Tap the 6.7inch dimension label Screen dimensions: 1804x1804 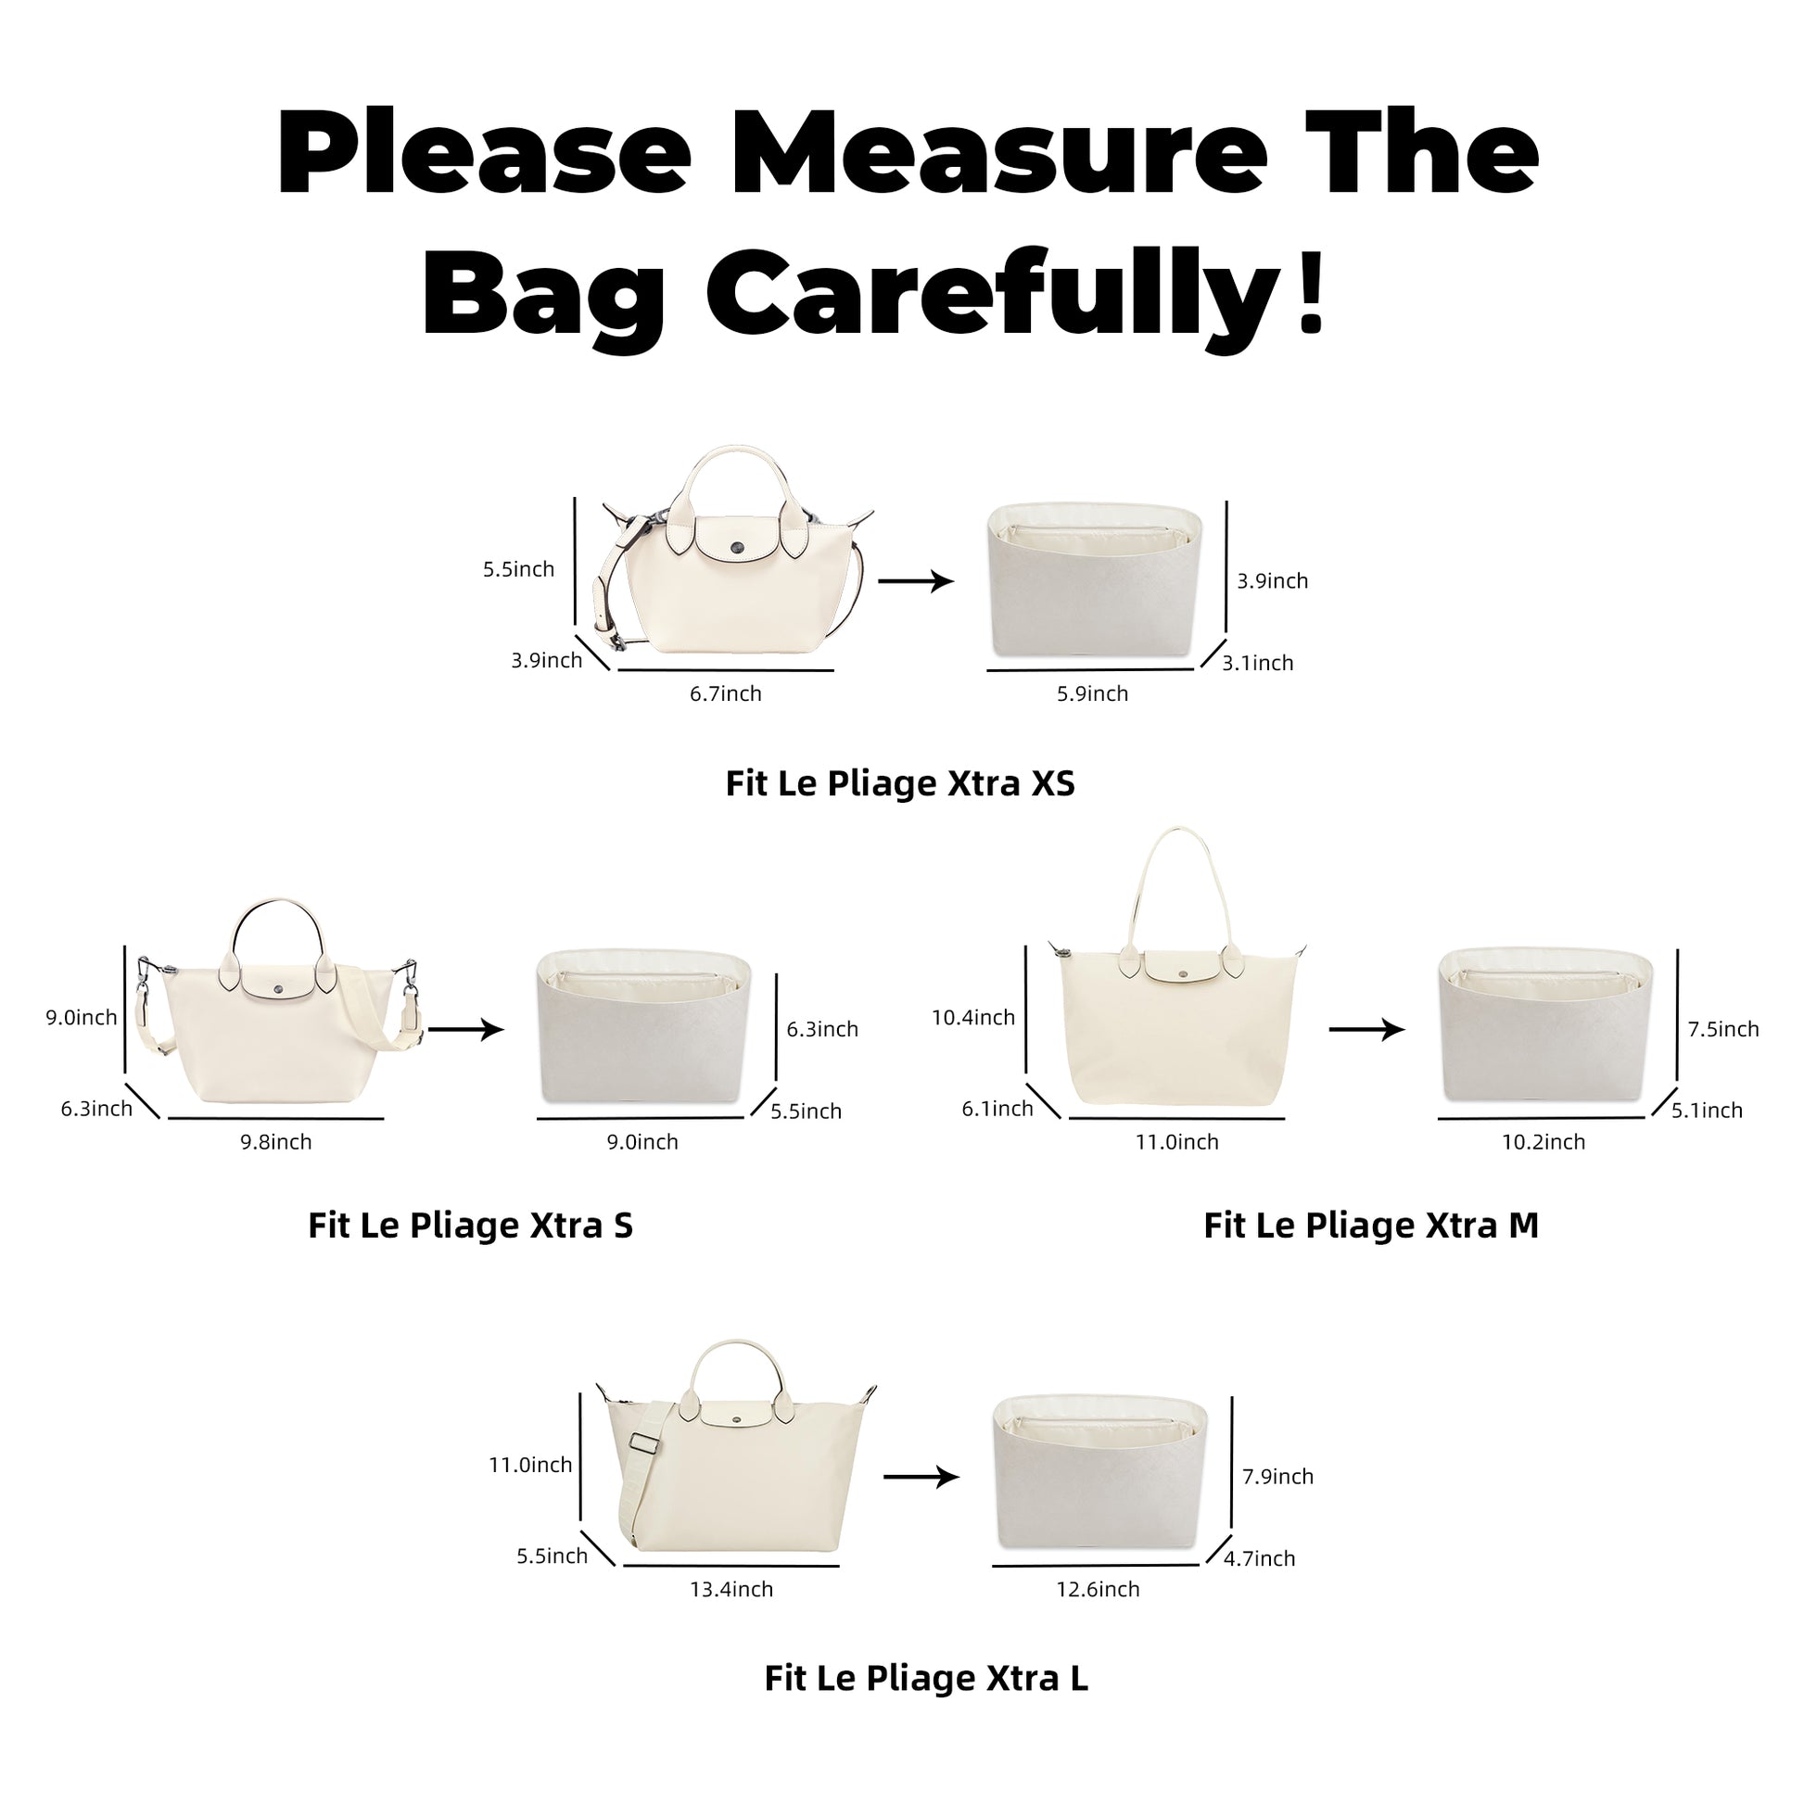click(726, 693)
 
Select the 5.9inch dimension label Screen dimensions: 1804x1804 click(1092, 693)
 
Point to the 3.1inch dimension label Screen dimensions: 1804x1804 click(1258, 663)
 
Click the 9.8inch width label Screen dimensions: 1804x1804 click(275, 1142)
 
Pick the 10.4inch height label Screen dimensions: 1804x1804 click(973, 1018)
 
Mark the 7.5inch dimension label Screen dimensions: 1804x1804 click(1722, 1029)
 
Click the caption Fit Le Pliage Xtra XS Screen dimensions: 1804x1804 click(900, 783)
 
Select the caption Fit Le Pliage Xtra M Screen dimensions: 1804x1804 click(1371, 1226)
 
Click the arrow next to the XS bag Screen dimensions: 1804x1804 click(916, 582)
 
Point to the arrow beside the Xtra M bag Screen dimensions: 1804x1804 click(1367, 1030)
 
